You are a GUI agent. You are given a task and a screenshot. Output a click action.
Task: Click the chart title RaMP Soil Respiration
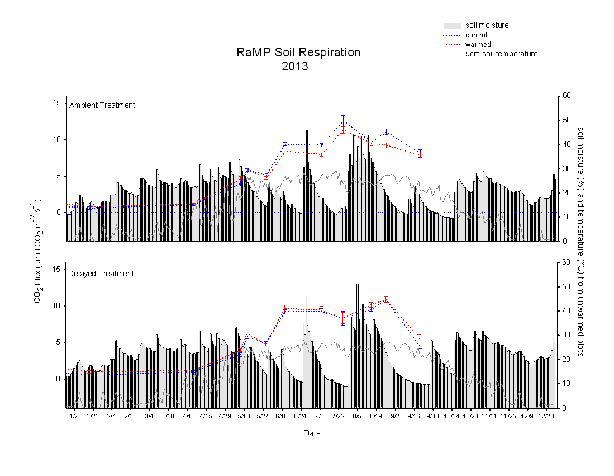pos(298,53)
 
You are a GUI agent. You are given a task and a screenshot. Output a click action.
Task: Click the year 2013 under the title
pos(295,67)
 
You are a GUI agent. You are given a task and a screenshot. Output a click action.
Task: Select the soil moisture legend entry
pos(487,25)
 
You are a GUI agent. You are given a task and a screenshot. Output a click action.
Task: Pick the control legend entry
pos(476,35)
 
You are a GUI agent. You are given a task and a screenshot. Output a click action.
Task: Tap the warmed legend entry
pos(478,44)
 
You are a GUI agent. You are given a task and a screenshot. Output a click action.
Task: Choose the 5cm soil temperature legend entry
pos(501,54)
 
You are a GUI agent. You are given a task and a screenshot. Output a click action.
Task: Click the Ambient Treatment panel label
pos(102,105)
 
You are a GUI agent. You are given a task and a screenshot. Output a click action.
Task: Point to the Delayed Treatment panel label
pos(101,274)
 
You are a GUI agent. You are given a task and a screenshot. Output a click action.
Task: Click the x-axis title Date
pos(312,433)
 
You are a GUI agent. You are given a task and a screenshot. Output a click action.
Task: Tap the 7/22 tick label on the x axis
pos(338,416)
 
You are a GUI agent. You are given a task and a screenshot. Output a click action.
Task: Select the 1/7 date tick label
pos(73,416)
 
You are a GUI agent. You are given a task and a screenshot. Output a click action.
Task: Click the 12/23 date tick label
pos(546,416)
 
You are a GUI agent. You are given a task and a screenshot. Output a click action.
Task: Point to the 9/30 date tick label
pos(432,416)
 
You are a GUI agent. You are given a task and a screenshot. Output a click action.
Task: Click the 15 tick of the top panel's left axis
pos(56,103)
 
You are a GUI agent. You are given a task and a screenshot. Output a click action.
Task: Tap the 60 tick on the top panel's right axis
pos(566,96)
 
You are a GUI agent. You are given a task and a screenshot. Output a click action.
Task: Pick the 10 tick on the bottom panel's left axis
pos(56,306)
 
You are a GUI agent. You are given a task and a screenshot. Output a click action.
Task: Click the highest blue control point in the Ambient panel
pos(343,121)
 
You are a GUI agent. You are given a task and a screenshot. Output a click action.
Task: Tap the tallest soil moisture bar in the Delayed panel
pos(358,284)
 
